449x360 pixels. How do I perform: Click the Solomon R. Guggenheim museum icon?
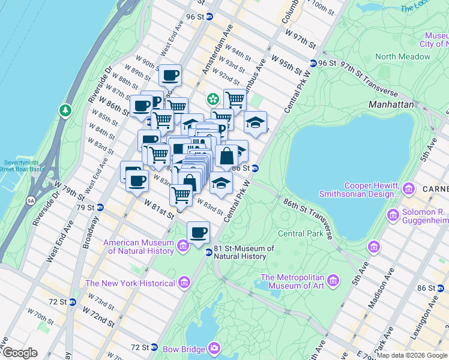pos(393,214)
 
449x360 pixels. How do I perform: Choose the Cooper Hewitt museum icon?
pos(410,189)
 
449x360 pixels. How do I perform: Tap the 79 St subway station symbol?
pos(100,208)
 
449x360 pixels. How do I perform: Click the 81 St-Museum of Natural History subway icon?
pos(208,252)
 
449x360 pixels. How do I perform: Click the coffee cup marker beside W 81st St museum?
pos(198,232)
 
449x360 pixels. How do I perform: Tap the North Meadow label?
pos(402,56)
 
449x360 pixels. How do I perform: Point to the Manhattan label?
pos(391,104)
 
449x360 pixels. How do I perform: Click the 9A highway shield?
pos(31,201)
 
